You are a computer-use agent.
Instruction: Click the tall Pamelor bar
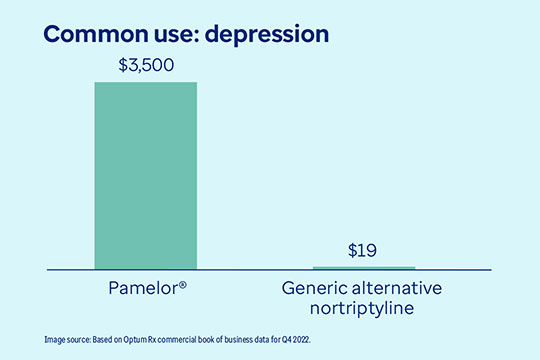click(x=146, y=175)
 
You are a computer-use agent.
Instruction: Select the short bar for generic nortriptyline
click(x=364, y=268)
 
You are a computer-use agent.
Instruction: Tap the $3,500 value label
click(x=146, y=66)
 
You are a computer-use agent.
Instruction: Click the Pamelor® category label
click(x=146, y=288)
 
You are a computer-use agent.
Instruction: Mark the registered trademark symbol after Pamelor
click(x=186, y=285)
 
